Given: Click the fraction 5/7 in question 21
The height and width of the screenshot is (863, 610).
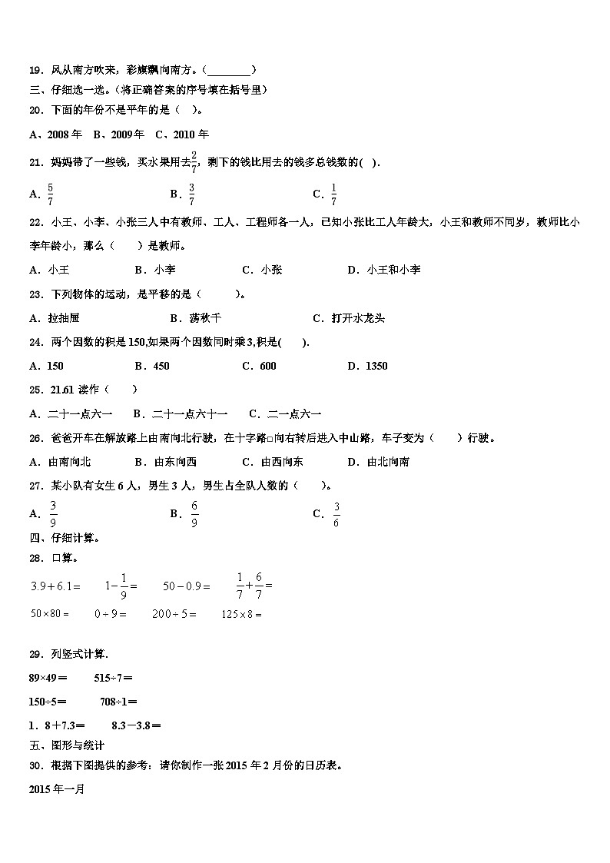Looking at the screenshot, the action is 50,194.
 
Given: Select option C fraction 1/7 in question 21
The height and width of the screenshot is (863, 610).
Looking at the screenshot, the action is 333,194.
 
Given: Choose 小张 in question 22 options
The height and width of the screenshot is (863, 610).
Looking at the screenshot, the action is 271,270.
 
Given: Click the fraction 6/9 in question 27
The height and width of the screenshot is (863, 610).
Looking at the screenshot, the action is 194,514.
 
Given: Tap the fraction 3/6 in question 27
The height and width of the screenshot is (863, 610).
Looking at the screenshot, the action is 336,514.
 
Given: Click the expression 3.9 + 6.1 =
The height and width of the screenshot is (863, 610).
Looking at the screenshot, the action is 55,586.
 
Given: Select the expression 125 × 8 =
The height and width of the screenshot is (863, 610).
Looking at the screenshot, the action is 242,614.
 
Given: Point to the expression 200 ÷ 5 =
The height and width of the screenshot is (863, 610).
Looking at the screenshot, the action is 174,614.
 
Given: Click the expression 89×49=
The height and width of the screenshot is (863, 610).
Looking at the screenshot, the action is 48,678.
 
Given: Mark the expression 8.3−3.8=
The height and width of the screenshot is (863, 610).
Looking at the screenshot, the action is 136,725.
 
